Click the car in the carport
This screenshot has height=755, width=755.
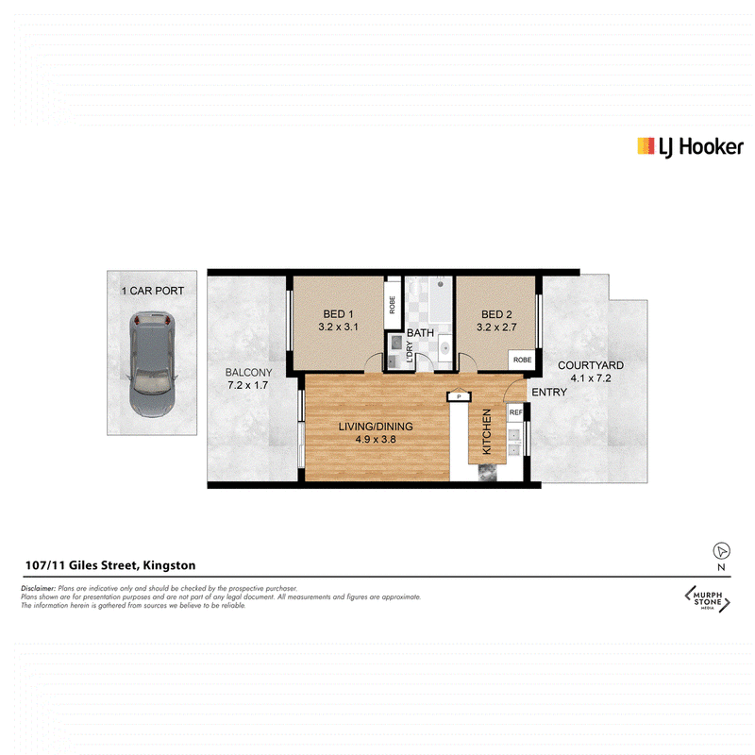152,364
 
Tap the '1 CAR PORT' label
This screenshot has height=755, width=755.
153,291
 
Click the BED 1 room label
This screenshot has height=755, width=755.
338,314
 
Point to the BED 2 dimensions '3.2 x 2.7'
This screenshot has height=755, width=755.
496,327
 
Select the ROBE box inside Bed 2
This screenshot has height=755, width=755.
522,360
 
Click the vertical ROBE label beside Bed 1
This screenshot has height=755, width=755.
392,305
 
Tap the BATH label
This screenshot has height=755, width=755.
420,333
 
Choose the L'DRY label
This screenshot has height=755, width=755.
410,351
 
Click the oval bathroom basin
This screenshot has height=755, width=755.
445,347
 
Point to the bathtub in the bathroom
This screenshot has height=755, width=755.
441,300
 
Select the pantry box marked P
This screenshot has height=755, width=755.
459,396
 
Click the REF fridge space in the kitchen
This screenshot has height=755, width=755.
515,412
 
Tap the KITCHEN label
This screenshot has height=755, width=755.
487,431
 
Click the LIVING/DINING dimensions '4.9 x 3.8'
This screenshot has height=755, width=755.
376,439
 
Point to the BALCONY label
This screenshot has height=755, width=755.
248,372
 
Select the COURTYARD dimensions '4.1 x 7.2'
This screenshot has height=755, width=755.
591,378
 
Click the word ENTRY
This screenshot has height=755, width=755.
549,393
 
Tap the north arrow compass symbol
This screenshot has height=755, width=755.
721,550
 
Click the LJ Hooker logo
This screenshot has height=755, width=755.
690,147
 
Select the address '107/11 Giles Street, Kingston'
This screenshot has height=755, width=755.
110,565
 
